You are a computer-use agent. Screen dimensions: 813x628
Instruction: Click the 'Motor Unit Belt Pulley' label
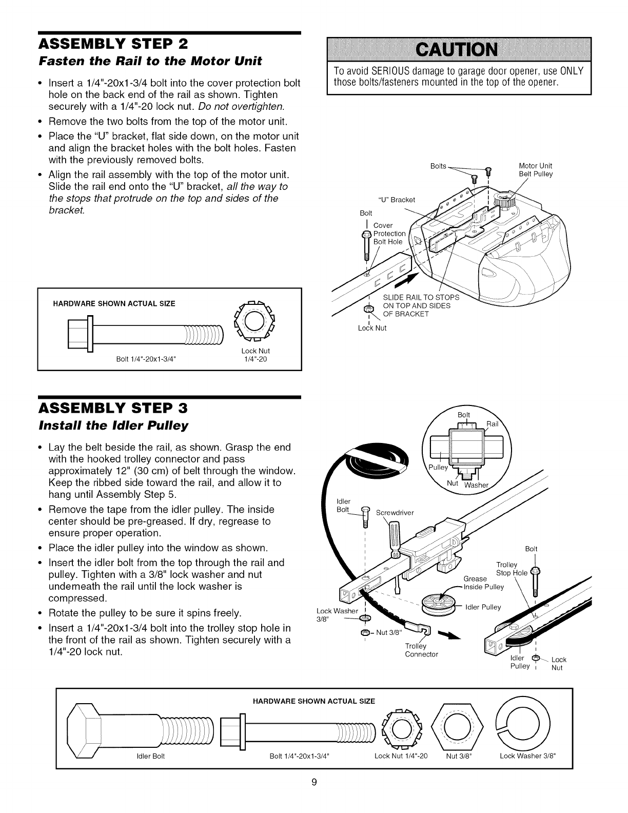536,170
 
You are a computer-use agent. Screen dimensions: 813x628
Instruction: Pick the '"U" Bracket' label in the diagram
396,199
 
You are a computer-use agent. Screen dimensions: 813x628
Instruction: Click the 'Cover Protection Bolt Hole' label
389,234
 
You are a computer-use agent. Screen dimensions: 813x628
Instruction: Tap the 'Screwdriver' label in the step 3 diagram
395,512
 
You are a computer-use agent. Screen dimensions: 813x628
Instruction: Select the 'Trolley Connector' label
421,650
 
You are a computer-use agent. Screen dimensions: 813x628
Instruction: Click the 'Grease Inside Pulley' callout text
483,583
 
